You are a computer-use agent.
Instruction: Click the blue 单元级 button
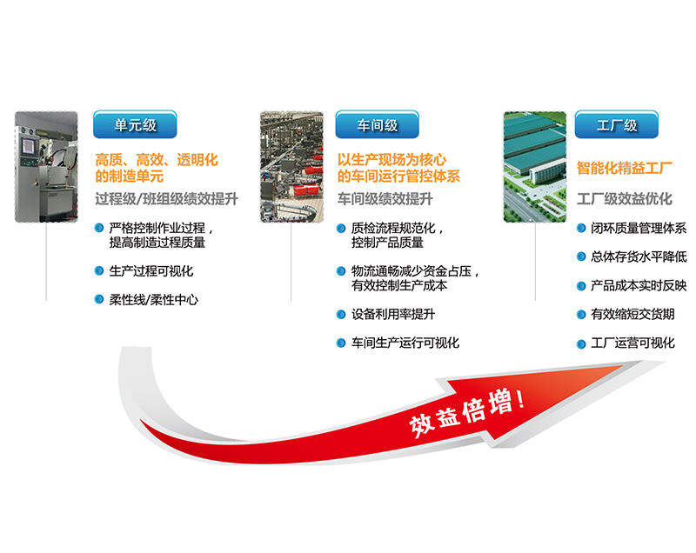click(135, 124)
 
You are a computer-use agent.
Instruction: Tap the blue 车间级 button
click(378, 124)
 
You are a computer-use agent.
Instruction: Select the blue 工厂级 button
click(617, 124)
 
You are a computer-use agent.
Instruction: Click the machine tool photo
click(46, 167)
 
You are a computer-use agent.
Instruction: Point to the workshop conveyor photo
click(291, 167)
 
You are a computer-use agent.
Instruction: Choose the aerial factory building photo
click(535, 167)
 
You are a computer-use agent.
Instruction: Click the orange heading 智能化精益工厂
click(625, 168)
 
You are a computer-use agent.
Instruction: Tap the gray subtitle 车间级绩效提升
click(385, 198)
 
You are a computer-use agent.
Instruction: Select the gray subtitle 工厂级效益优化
click(625, 198)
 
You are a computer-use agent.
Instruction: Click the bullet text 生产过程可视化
click(151, 271)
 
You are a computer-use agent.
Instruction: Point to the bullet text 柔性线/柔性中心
click(154, 300)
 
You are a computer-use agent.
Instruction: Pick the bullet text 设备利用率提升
click(393, 315)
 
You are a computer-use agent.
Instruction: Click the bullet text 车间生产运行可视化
click(405, 343)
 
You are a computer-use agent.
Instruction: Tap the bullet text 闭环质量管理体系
click(639, 228)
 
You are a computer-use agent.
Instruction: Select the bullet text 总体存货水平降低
click(639, 257)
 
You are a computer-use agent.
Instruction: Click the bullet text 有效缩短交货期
click(632, 315)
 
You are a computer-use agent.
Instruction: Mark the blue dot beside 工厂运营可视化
click(581, 344)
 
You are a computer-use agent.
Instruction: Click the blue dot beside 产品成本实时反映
click(581, 286)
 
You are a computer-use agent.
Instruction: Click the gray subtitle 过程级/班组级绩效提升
click(166, 198)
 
